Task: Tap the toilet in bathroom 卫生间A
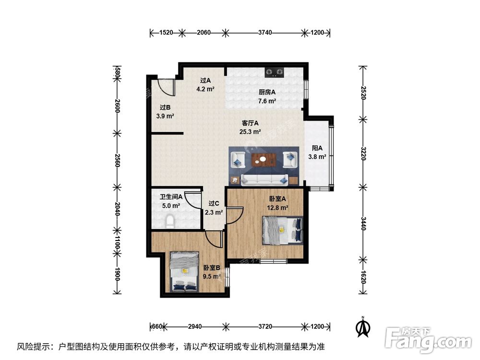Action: tap(169, 222)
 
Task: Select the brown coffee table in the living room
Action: tap(263, 159)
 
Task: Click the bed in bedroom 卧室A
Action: tap(283, 230)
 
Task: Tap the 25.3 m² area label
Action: tap(251, 132)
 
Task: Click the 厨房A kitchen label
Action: tap(267, 92)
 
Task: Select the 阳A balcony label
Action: tap(317, 148)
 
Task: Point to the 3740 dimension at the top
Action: tap(265, 33)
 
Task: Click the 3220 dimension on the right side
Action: tap(363, 154)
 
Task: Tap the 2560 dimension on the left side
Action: tap(117, 159)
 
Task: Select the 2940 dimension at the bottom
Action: tap(194, 326)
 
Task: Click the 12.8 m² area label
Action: tap(277, 208)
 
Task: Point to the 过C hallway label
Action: tap(214, 203)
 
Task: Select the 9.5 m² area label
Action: tap(211, 276)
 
